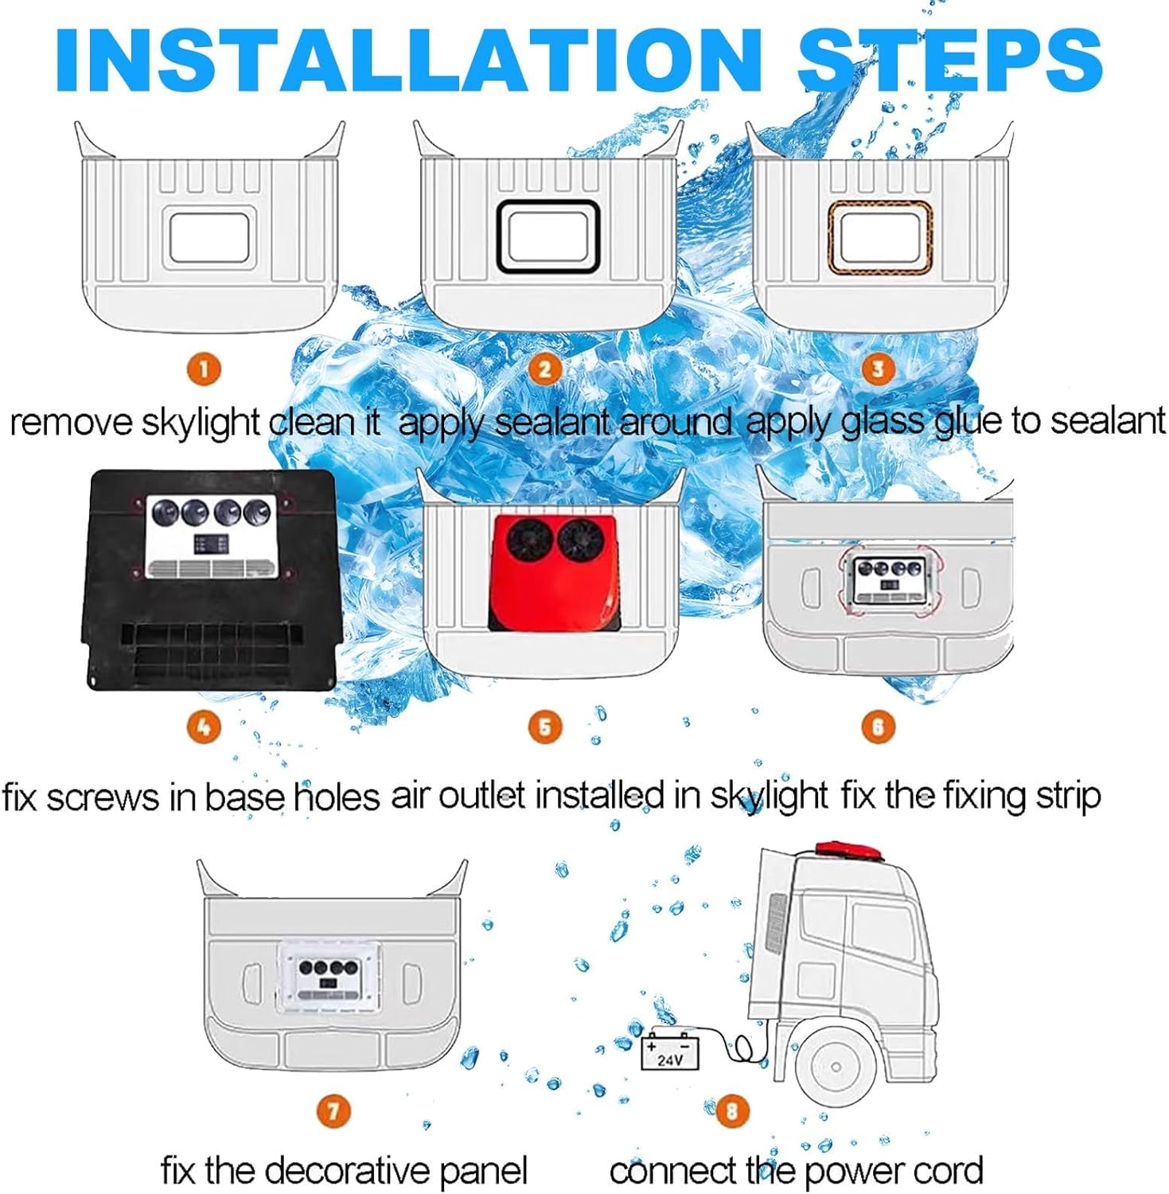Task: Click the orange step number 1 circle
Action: click(204, 369)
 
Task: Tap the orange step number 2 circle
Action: click(545, 369)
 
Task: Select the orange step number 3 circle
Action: click(878, 369)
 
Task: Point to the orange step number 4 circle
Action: click(204, 727)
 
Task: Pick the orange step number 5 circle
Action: click(545, 727)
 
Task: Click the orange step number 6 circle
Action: click(878, 727)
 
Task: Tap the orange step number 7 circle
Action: click(333, 1110)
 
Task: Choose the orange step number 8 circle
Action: click(732, 1110)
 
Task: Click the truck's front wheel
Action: click(836, 1067)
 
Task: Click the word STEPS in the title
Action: click(950, 60)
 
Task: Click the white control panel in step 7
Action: click(329, 977)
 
